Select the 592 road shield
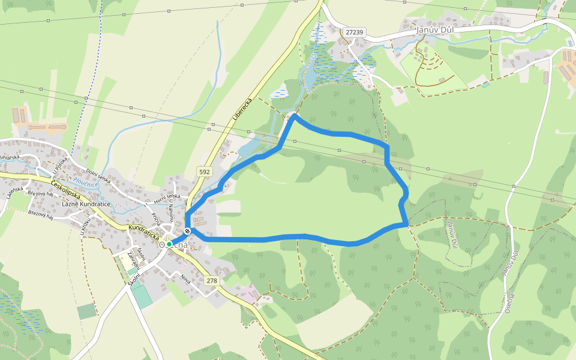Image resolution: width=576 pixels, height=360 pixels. pos(205,172)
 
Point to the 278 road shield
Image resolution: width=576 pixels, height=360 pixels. pos(211,281)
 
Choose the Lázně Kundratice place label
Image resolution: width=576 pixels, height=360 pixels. pos(86,205)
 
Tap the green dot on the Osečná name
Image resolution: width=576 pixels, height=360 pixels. pos(169,244)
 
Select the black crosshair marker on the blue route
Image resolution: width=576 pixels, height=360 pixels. pos(188,232)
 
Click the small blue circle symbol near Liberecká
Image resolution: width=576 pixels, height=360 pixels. pos(314,56)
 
